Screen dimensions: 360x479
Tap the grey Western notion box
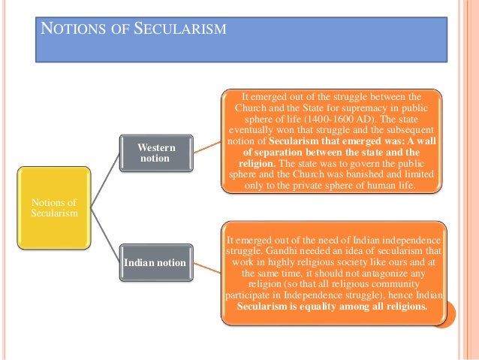[156, 153]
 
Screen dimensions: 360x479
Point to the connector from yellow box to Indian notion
[105, 234]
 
